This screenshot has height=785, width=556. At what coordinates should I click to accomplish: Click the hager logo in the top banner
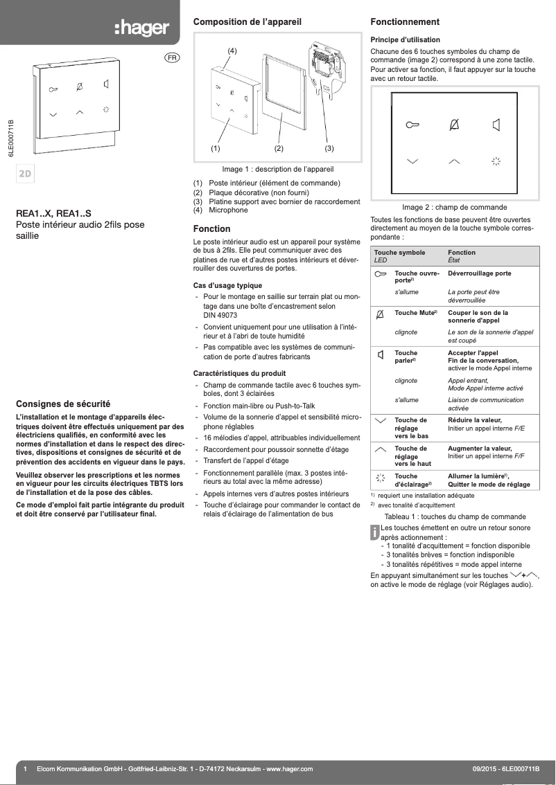click(x=141, y=28)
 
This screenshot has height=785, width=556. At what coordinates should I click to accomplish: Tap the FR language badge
click(x=171, y=57)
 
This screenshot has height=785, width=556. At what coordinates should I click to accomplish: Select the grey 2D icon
click(x=25, y=173)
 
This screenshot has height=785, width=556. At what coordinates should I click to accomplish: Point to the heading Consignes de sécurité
click(x=64, y=404)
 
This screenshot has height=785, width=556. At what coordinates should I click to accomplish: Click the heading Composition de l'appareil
click(x=247, y=22)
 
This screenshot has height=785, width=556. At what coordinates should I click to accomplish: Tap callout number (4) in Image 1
click(x=232, y=51)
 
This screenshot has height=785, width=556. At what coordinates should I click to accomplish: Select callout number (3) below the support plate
click(x=329, y=148)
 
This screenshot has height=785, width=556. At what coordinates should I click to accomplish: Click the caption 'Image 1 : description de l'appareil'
click(x=278, y=168)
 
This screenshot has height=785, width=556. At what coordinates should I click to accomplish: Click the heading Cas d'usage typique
click(x=227, y=285)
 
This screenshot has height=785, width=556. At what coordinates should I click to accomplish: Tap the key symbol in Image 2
click(x=412, y=125)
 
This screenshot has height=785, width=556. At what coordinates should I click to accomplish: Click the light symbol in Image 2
click(x=496, y=161)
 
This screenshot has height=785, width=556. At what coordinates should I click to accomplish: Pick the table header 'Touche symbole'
click(x=400, y=253)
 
